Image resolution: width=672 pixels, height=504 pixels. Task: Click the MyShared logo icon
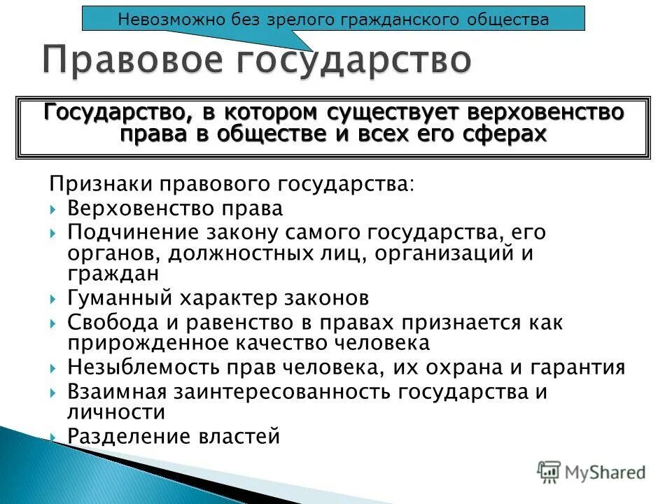(549, 472)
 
